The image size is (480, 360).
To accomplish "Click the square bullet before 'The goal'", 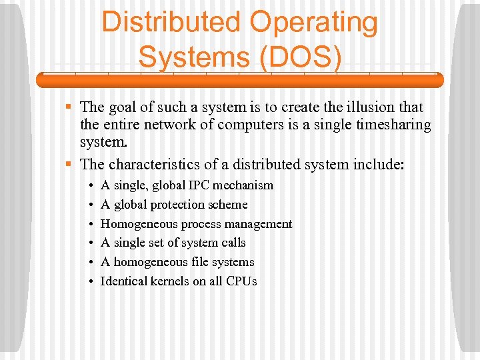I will [x=69, y=107].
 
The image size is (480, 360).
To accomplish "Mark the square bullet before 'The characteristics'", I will [x=69, y=163].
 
